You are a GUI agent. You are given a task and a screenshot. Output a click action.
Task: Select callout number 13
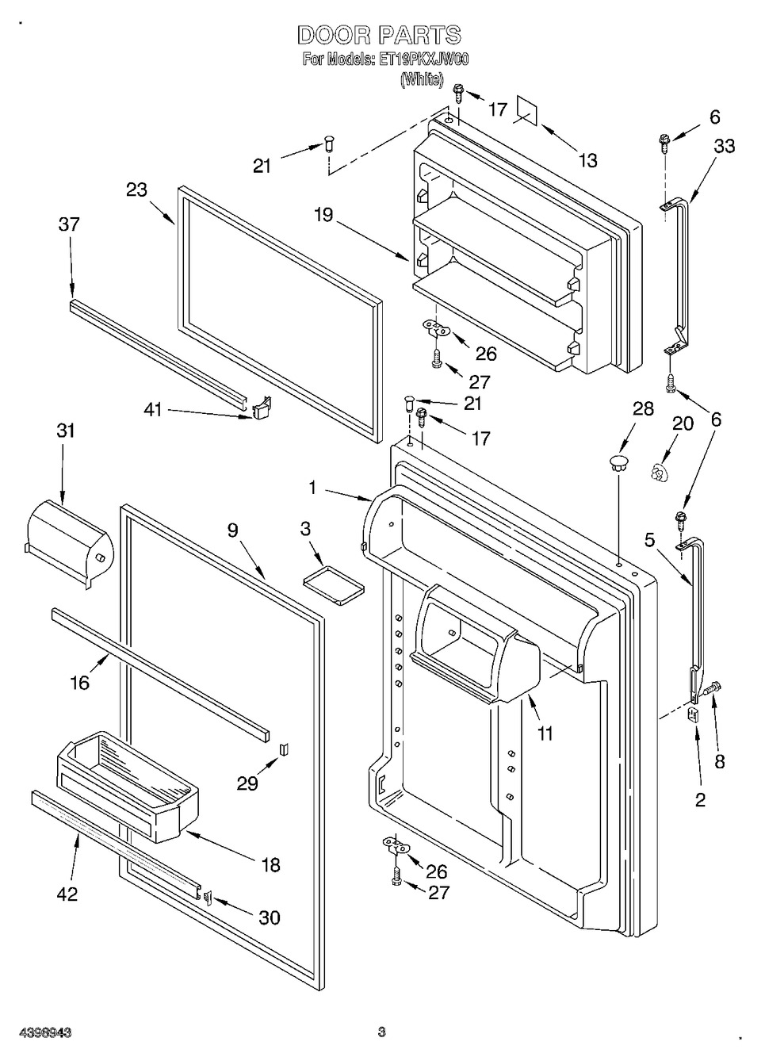587,161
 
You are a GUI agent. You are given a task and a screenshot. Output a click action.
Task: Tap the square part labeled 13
527,112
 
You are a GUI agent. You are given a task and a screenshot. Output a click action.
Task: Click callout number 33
724,146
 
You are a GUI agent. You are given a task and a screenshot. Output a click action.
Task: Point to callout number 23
137,190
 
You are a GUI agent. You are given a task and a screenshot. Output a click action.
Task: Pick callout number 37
69,224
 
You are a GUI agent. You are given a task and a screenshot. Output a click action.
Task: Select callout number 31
66,431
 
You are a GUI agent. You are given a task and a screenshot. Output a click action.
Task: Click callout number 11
545,733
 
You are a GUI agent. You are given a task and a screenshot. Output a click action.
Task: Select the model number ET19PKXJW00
421,60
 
